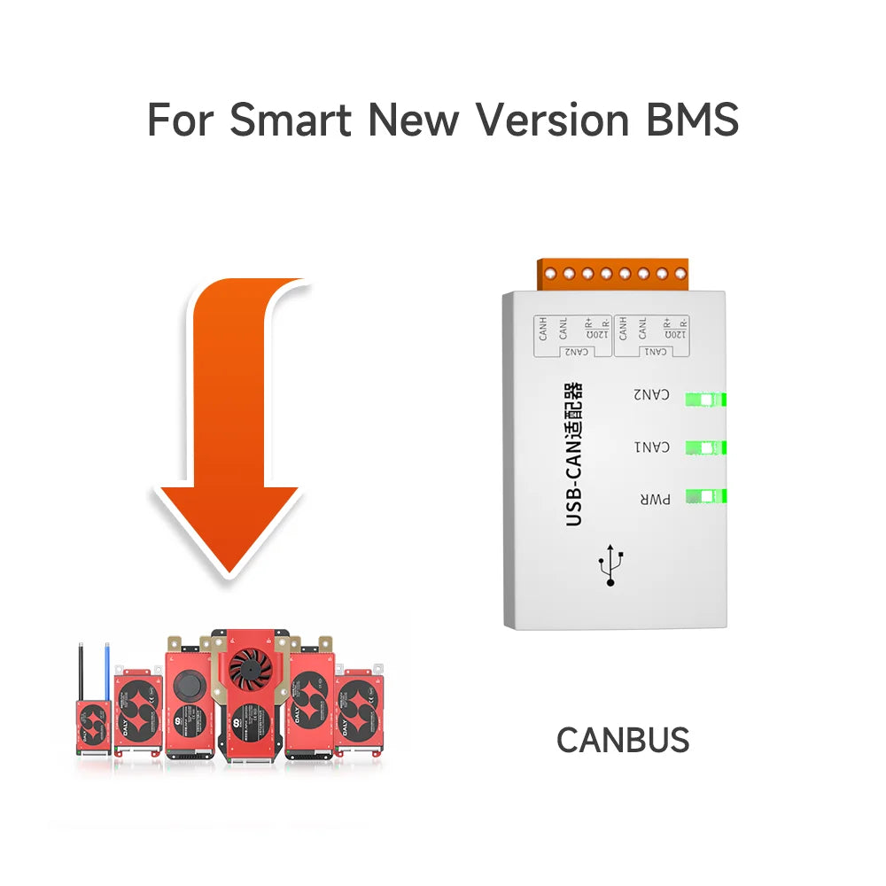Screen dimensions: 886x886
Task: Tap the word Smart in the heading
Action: click(291, 119)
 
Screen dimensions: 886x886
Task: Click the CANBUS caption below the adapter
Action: click(623, 740)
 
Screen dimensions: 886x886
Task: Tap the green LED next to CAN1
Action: click(706, 447)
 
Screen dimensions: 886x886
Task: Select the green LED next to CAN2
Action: click(706, 400)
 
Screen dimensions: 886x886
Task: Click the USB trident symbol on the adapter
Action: click(610, 565)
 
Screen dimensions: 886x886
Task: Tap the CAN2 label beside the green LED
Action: click(651, 394)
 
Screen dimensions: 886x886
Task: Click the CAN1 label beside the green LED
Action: click(651, 447)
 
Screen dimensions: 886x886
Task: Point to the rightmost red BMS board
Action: click(360, 714)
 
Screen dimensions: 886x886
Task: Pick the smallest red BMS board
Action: click(92, 727)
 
